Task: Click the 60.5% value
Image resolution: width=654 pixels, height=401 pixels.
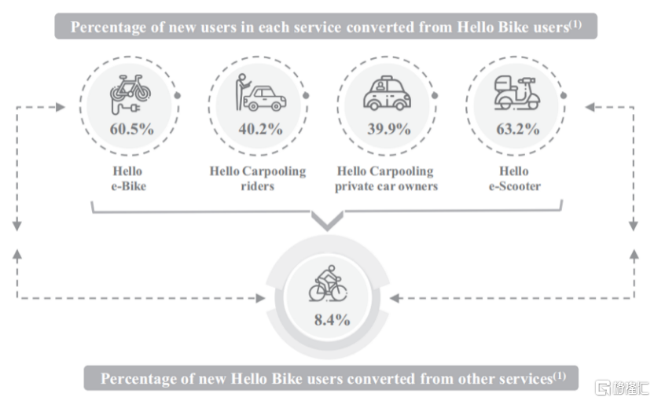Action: coord(132,129)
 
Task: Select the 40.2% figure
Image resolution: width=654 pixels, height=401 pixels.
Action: coord(261,129)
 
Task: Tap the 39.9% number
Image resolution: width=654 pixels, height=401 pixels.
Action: coord(389,129)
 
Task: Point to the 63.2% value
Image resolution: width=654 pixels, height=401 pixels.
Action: coord(517,129)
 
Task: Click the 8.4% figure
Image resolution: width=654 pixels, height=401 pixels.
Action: coord(332,320)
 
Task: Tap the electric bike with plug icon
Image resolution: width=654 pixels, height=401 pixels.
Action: coord(130,94)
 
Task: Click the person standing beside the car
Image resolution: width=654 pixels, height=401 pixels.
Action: coord(241,92)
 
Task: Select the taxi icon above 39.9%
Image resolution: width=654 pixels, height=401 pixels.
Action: coord(387,93)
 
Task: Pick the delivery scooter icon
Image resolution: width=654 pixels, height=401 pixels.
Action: coord(516,93)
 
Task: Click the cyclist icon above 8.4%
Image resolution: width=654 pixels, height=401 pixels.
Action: coord(328,283)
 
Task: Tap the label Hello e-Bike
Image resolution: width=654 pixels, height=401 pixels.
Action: coord(128,178)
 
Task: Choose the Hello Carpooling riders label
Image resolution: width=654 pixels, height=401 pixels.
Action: coord(257,178)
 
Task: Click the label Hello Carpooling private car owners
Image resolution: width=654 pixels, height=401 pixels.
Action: coord(386,178)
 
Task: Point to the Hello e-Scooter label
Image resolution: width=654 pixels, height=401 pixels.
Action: coord(515,178)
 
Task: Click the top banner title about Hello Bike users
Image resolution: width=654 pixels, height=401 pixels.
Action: coord(325,27)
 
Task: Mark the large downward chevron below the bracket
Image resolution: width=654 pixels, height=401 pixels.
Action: coord(328,221)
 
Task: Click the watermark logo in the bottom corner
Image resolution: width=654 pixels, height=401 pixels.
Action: coord(622,388)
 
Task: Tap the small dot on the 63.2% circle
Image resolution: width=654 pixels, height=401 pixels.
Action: coord(564,96)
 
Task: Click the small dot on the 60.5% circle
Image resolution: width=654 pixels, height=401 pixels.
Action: coord(178,96)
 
